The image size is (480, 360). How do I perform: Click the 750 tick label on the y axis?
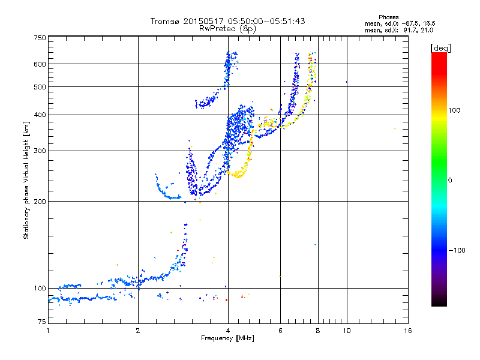(x=40, y=38)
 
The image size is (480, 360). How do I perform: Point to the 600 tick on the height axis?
(x=40, y=64)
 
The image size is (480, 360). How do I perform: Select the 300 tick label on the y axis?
(x=40, y=151)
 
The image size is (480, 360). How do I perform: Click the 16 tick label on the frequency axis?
(x=407, y=331)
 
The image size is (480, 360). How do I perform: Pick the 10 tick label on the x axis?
(x=346, y=331)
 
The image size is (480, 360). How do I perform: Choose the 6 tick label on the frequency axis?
(x=280, y=331)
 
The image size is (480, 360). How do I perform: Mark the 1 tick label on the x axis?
(x=48, y=331)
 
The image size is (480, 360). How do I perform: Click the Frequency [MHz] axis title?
(x=228, y=339)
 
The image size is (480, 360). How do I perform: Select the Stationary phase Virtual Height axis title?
(x=26, y=180)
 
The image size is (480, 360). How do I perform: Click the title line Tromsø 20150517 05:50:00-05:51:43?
(x=228, y=21)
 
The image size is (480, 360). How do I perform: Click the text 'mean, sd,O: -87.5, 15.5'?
(x=400, y=23)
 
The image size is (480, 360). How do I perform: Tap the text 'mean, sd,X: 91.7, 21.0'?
(x=400, y=29)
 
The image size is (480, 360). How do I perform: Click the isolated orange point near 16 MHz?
(x=395, y=128)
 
